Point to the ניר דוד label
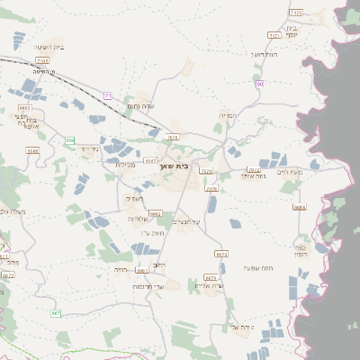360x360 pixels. coord(88,148)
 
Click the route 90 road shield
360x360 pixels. coord(258,84)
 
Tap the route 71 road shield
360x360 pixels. coord(108,94)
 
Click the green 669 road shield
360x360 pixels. coord(68,140)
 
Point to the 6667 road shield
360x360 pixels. coord(150,160)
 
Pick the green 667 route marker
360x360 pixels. coord(56,312)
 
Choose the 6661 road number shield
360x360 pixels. coord(141,269)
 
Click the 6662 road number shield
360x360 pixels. coord(156,214)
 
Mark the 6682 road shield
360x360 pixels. coord(24,107)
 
